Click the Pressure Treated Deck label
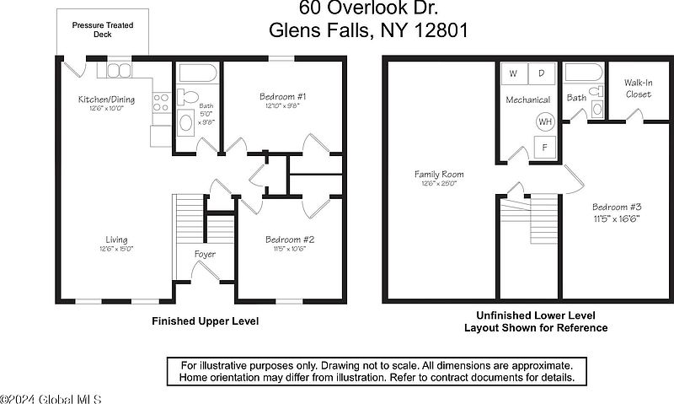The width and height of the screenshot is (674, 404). coord(103,30)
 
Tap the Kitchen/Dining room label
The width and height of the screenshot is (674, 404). coord(107,100)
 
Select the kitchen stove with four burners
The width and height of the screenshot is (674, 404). coord(161,102)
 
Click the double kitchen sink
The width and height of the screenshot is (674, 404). coord(119,71)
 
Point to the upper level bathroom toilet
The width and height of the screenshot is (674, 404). coord(187,97)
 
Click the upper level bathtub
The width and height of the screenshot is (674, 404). coord(198,73)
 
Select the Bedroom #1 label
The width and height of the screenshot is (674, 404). coord(283,96)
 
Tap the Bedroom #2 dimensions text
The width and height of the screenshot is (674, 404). coord(289,249)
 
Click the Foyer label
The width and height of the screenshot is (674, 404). coord(205,254)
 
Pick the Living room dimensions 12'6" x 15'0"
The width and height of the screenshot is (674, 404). coord(116,249)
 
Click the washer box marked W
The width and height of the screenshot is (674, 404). coord(514,73)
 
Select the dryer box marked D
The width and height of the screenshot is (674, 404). coord(542,73)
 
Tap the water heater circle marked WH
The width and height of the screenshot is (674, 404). coord(545,121)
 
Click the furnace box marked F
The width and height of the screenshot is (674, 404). coord(544,147)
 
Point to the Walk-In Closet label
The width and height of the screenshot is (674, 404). coord(639,89)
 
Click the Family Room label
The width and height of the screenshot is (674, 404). coord(439,175)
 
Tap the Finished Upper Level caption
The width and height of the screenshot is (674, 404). coord(206,321)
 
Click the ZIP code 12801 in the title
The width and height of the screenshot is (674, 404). coord(441,30)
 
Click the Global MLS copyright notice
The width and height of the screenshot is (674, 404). coord(51,399)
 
